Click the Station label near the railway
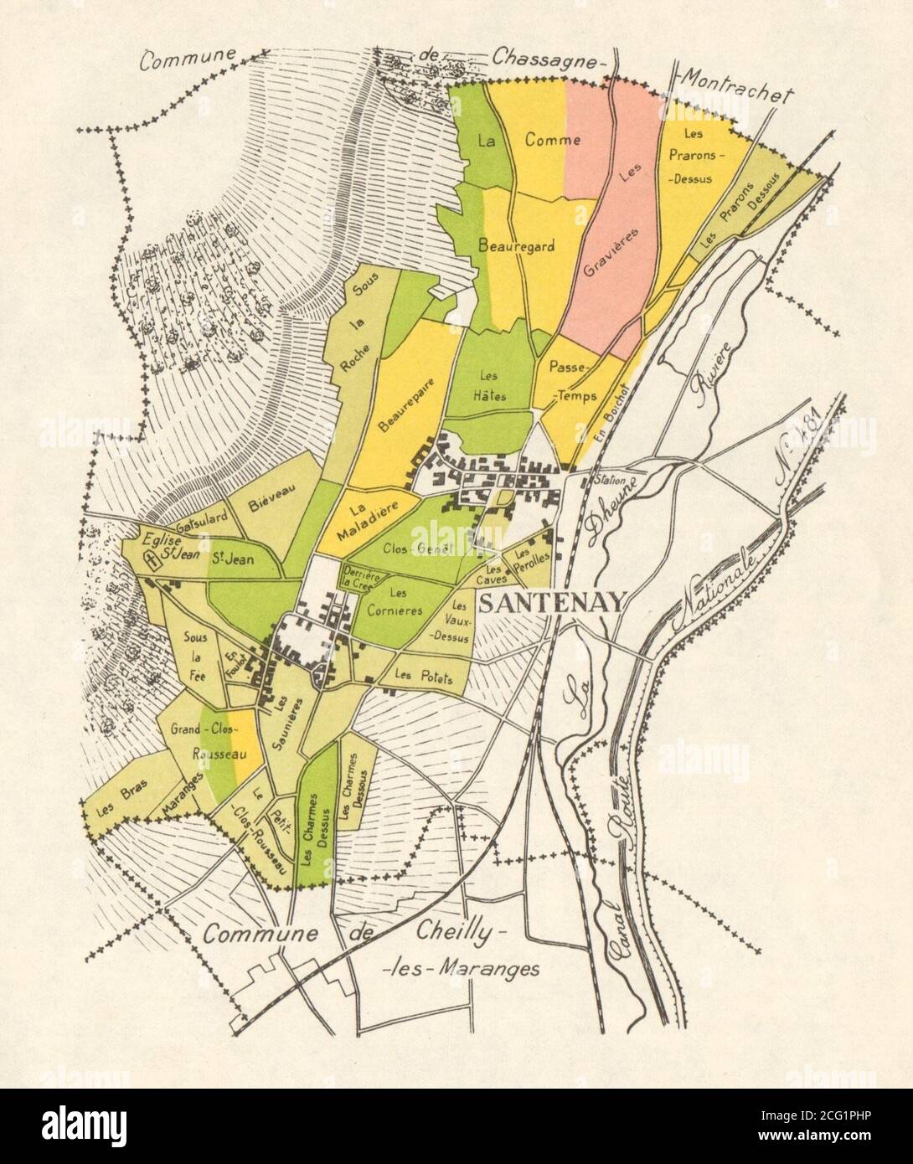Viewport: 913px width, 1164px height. (609, 482)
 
